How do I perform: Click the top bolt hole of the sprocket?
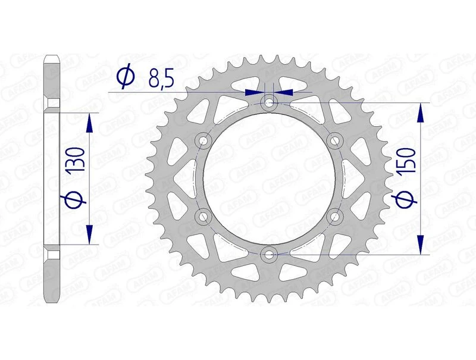point(270,103)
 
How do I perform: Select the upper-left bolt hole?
point(203,140)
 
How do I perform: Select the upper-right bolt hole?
point(335,140)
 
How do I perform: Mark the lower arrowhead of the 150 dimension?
point(421,245)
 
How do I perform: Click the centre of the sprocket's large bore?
point(270,179)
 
